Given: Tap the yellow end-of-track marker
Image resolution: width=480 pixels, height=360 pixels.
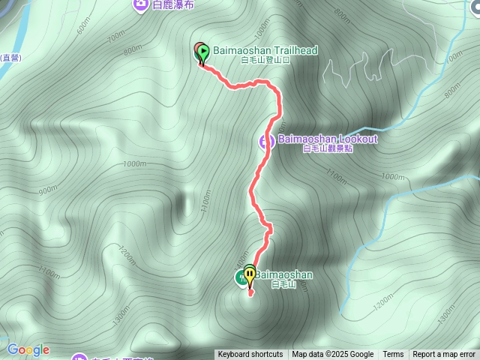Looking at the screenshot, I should click(x=249, y=274).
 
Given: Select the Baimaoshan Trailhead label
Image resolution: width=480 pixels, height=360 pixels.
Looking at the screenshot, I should click(x=265, y=50).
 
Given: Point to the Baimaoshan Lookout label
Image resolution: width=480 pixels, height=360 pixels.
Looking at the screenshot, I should click(x=328, y=139).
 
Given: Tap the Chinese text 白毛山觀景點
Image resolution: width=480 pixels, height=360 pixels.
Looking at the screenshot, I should click(x=328, y=148).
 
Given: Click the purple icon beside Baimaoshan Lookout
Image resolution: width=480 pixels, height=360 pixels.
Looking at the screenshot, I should click(x=267, y=141).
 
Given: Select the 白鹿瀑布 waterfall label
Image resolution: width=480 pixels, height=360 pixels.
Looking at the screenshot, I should click(x=173, y=4).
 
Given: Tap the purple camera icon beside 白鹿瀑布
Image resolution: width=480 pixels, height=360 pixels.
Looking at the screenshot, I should click(x=140, y=4).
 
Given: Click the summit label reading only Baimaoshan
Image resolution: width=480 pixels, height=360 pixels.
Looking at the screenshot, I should click(x=283, y=274).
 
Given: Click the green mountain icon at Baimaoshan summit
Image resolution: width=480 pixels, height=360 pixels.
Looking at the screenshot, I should click(x=241, y=277).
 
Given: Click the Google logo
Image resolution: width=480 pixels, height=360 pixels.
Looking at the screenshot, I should click(x=28, y=349).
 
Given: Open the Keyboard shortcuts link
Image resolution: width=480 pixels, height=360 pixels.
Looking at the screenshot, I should click(x=250, y=355).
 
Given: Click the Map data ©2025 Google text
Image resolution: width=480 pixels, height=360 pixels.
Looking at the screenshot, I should click(x=333, y=355).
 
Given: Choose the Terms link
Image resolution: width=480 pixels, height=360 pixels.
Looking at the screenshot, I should click(x=393, y=355).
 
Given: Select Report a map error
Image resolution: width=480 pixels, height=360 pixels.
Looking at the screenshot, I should click(x=445, y=355).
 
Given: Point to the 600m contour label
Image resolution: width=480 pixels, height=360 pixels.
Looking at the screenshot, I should click(x=82, y=25).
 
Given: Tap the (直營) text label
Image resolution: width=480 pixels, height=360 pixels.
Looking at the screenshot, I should click(x=12, y=57).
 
